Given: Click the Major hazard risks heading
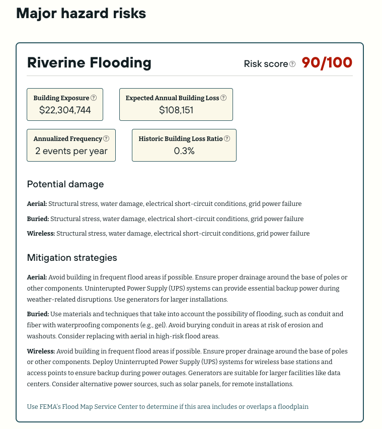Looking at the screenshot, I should [x=81, y=14].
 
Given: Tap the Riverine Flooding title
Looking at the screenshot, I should [x=89, y=63].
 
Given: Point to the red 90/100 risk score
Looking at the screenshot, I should [x=327, y=63].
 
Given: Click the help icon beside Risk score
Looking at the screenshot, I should [x=292, y=64].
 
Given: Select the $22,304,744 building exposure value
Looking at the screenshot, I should [x=65, y=110].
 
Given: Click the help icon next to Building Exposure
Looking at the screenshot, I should [x=94, y=98].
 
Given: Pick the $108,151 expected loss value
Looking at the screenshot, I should [x=176, y=110].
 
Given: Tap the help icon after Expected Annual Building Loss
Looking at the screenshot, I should [x=223, y=98].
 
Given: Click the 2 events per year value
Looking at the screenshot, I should [x=71, y=151].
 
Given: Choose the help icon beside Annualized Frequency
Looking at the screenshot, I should [x=106, y=138].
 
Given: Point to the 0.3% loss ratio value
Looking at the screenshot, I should [x=184, y=151].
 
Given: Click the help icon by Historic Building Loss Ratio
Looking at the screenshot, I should [x=227, y=138].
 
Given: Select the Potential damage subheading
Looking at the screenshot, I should [x=65, y=184].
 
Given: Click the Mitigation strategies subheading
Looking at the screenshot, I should [x=72, y=258].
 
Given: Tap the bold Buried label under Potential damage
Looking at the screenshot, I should [x=38, y=219].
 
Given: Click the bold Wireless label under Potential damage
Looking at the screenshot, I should [x=41, y=234].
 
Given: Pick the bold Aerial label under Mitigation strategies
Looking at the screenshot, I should [x=37, y=277].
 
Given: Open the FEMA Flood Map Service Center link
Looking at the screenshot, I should [x=168, y=406].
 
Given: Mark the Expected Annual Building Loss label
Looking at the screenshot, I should [x=172, y=98].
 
